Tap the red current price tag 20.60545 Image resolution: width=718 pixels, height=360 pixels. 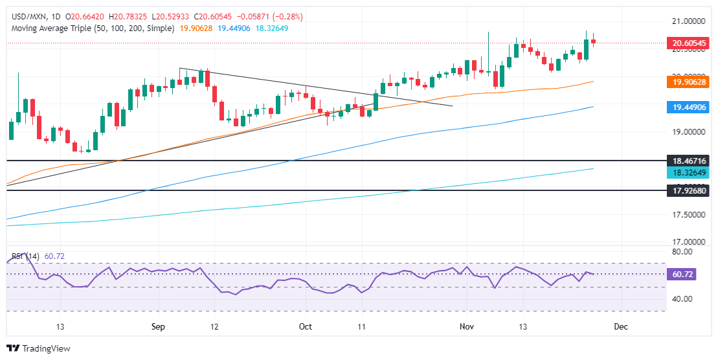(688, 44)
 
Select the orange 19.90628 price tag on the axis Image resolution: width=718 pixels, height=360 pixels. (688, 82)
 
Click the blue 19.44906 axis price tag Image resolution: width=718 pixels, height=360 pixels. (688, 107)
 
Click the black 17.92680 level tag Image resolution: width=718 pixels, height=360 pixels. (688, 190)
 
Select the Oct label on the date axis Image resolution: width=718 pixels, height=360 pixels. (305, 327)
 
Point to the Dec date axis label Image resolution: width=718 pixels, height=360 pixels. (620, 327)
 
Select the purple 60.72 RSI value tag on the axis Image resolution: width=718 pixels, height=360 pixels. (683, 274)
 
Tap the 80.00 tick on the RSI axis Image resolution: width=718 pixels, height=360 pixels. (682, 251)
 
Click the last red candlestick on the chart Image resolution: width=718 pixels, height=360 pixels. (594, 42)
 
